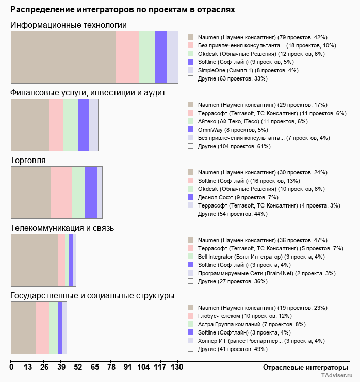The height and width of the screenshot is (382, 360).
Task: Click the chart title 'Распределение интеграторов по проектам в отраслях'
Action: [123, 10]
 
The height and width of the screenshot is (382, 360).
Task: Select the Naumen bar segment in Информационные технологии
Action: [63, 57]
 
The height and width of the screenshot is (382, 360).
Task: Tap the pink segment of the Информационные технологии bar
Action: [127, 57]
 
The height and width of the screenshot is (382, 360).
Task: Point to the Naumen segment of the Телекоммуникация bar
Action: [35, 260]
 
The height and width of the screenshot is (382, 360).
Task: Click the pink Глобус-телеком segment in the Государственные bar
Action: [42, 328]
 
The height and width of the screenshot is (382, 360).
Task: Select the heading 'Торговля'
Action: [28, 161]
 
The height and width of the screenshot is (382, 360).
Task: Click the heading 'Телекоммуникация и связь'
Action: [62, 228]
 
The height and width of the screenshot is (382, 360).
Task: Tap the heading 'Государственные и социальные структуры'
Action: [92, 296]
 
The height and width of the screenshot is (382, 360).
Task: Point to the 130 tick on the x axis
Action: [177, 367]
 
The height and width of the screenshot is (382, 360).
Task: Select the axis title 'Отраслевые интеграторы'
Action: [302, 367]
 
